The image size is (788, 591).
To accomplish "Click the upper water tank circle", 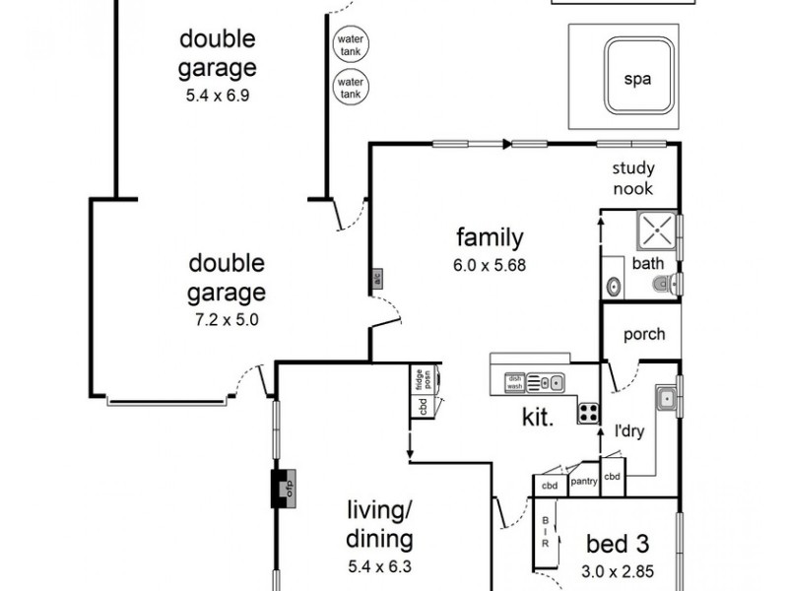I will pos(350,45).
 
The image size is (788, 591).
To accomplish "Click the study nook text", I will pos(632,178).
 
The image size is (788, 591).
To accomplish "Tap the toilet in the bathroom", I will pos(665,286).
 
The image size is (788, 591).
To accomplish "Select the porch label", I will pos(644,334).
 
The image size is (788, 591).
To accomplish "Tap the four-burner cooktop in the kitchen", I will pos(588,414).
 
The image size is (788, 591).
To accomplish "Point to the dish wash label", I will pos(514,382).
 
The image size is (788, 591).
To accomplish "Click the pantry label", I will pos(584,481).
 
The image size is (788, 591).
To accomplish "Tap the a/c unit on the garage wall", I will pos(376,280).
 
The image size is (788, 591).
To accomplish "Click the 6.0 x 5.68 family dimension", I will pos(490,265).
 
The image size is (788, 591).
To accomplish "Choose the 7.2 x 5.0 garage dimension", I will pos(227,318).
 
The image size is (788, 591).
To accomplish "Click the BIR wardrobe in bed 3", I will pos(546,532).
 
